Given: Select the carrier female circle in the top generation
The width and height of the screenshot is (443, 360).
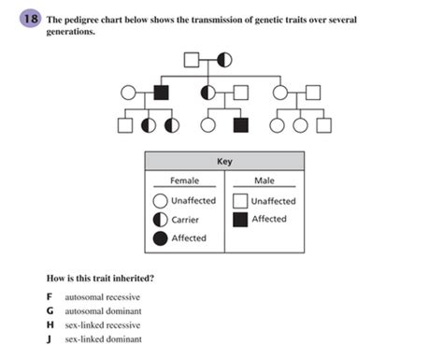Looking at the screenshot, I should [x=224, y=61].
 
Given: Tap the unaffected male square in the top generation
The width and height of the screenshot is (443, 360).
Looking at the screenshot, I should [x=193, y=61].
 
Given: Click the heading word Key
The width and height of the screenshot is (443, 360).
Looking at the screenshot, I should [x=224, y=161].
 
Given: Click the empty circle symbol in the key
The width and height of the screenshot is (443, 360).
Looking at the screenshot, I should [x=161, y=201].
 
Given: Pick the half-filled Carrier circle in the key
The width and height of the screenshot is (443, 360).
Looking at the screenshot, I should [x=161, y=220].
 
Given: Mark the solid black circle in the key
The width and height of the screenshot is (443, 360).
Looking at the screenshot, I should [x=161, y=238].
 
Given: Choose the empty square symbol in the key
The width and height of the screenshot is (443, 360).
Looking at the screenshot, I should [x=240, y=201].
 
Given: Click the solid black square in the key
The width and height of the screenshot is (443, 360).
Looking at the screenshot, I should [x=240, y=220].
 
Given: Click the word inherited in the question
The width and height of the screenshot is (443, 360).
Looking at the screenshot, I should [x=128, y=279].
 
